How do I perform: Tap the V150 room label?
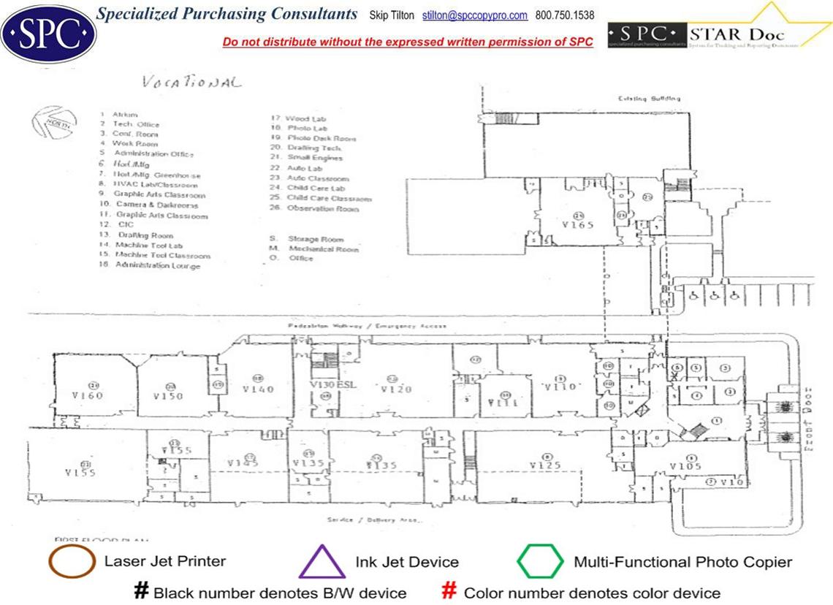[168, 396]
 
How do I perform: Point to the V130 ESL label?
[332, 385]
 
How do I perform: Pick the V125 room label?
[544, 465]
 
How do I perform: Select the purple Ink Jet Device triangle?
[322, 563]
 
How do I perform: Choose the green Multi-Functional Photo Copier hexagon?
[540, 562]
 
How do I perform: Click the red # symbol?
[450, 591]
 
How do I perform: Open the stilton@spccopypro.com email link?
[475, 15]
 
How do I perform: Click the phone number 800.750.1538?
[565, 15]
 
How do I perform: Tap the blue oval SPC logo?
[48, 33]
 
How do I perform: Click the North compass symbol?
[55, 123]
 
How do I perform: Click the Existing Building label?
[650, 98]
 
